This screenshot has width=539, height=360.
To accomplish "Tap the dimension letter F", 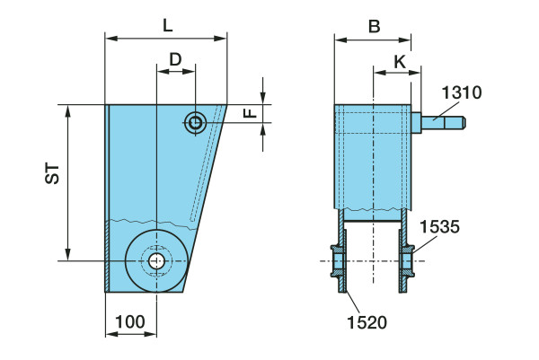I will click(252, 113).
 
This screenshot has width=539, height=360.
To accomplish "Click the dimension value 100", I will click(130, 320).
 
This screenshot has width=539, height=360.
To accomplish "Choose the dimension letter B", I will click(373, 25).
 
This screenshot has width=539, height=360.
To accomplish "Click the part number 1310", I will click(462, 92).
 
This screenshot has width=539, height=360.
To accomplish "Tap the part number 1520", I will click(368, 320).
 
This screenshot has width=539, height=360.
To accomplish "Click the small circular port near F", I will click(195, 123).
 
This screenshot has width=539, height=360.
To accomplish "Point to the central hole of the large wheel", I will click(156, 261).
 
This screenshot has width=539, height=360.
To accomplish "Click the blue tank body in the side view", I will click(373, 162).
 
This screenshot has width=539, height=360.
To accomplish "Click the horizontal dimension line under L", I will click(166, 38).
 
